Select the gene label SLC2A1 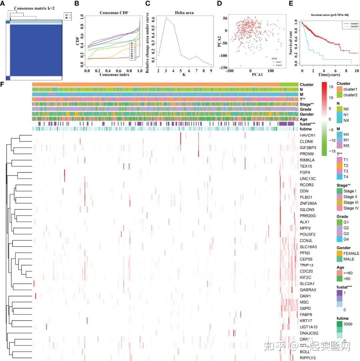(x=308, y=283)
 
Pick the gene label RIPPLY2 (x=308, y=358)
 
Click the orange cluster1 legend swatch (x=339, y=90)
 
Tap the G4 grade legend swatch (x=339, y=239)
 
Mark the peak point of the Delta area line (x=166, y=17)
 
